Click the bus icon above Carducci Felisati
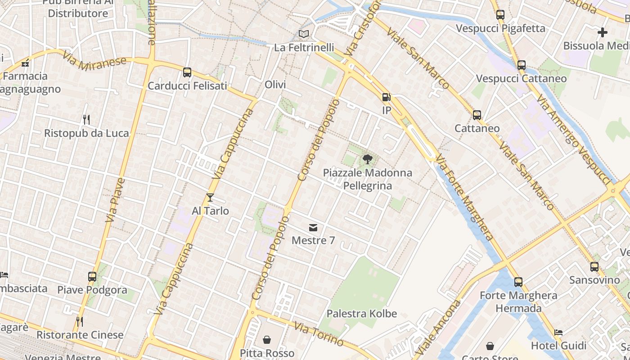tap(187, 72)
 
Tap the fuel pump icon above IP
tap(386, 97)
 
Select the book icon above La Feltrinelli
tap(304, 34)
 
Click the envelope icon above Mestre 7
tap(313, 228)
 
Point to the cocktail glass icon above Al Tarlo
tap(210, 198)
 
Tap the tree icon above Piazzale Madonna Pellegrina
tap(367, 159)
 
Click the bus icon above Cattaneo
tap(477, 115)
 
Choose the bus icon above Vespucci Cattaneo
tap(522, 65)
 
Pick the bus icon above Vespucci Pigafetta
tap(500, 15)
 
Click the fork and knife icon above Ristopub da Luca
tap(86, 120)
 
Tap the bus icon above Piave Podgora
tap(92, 277)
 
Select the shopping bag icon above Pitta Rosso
tap(267, 340)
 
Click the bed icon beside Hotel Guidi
tap(558, 333)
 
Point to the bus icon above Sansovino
tap(594, 267)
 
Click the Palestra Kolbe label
tap(362, 314)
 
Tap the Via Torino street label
tap(319, 334)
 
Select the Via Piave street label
tap(115, 200)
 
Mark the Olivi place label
tap(275, 85)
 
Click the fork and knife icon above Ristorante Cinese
tap(80, 321)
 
